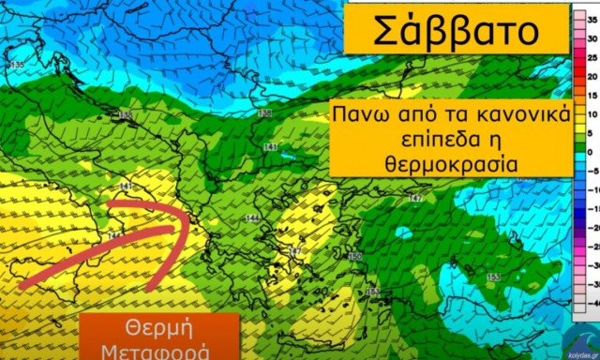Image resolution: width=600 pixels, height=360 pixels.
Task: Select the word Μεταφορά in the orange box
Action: [157, 352]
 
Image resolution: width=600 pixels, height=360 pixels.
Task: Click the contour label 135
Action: [15, 65]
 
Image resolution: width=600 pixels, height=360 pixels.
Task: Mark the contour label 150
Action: [354, 257]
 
